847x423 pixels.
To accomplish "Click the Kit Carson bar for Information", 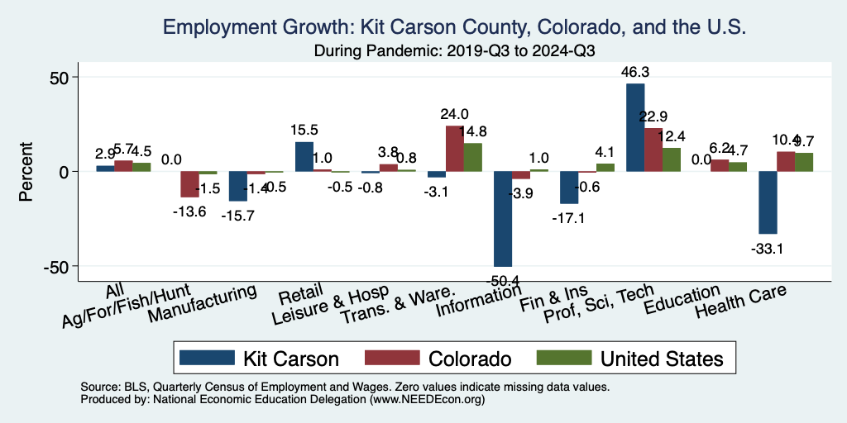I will coord(503,219).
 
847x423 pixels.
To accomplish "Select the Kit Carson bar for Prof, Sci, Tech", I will coord(635,127).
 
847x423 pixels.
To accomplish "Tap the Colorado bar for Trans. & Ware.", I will coord(455,149).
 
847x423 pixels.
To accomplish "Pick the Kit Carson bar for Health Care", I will coord(768,202).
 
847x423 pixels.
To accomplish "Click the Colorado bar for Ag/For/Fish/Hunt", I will coord(190,184).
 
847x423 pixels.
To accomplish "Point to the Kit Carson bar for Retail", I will coord(304,156).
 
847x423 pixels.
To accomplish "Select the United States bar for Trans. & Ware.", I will coord(473,157).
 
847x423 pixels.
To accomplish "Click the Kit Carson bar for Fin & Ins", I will coord(569,188).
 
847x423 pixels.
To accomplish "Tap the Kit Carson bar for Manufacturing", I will coord(238,186).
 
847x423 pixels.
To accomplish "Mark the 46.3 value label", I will coord(635,72).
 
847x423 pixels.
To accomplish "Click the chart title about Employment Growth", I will coord(456,27).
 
